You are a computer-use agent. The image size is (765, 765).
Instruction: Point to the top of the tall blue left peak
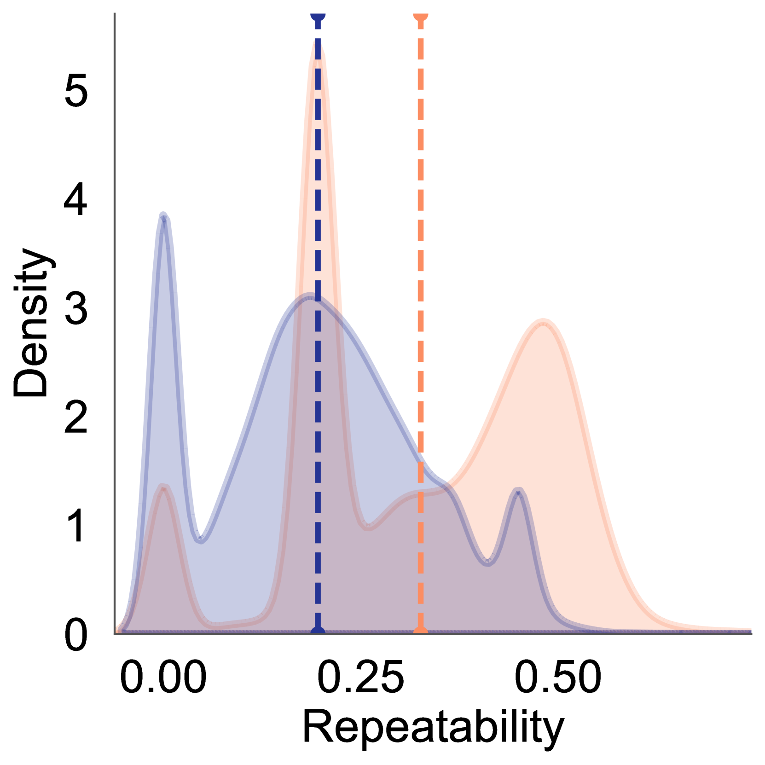tap(163, 213)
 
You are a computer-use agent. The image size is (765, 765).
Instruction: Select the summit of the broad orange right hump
tap(544, 319)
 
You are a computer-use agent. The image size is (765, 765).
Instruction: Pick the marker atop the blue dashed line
tap(318, 17)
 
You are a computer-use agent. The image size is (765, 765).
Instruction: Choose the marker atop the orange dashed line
tap(421, 17)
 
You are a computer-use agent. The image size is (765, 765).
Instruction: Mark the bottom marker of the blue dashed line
tap(318, 631)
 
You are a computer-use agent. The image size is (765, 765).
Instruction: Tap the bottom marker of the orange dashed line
tap(421, 631)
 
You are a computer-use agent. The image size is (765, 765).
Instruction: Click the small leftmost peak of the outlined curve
tap(163, 487)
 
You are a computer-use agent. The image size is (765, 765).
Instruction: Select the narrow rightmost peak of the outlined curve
tap(519, 491)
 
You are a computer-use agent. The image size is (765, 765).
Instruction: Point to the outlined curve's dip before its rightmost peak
tap(488, 562)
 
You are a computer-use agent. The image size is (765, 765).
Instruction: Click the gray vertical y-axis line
tap(115, 322)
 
